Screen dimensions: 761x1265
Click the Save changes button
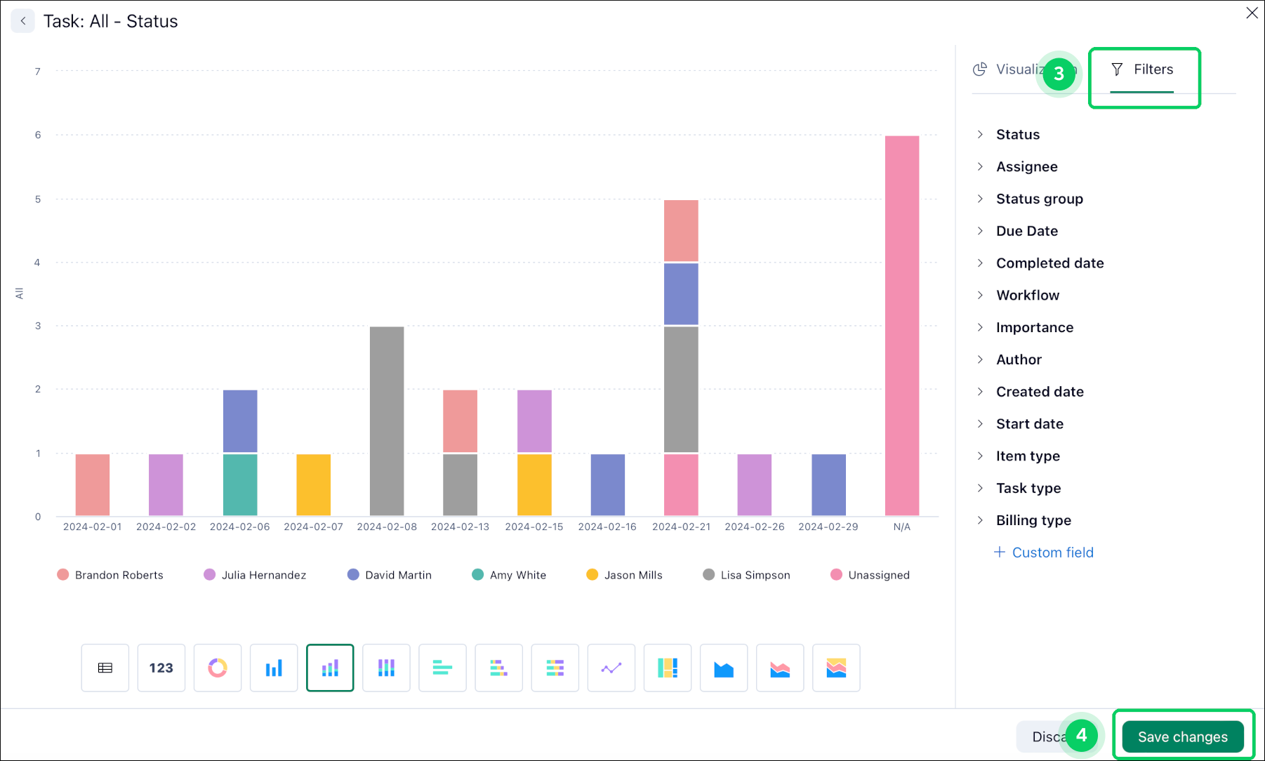click(x=1182, y=736)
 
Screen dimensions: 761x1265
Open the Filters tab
click(x=1142, y=70)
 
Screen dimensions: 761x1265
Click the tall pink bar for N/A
click(x=901, y=326)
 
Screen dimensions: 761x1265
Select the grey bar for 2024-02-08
click(x=387, y=421)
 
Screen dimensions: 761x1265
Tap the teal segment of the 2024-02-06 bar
click(x=240, y=484)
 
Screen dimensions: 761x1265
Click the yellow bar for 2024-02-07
click(x=313, y=484)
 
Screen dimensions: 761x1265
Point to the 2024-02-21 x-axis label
click(x=681, y=527)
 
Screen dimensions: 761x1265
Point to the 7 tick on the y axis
click(x=38, y=72)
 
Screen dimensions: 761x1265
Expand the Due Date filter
click(x=1026, y=231)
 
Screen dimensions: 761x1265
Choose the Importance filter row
click(x=1034, y=327)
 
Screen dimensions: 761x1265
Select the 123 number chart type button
click(x=161, y=668)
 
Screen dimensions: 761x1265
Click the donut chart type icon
click(x=218, y=668)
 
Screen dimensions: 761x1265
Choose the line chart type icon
click(x=611, y=668)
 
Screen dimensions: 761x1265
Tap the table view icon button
click(x=105, y=668)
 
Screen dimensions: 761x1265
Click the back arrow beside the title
click(x=23, y=21)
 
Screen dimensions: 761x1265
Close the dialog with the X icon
click(x=1252, y=13)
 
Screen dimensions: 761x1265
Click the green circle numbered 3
click(x=1059, y=74)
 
